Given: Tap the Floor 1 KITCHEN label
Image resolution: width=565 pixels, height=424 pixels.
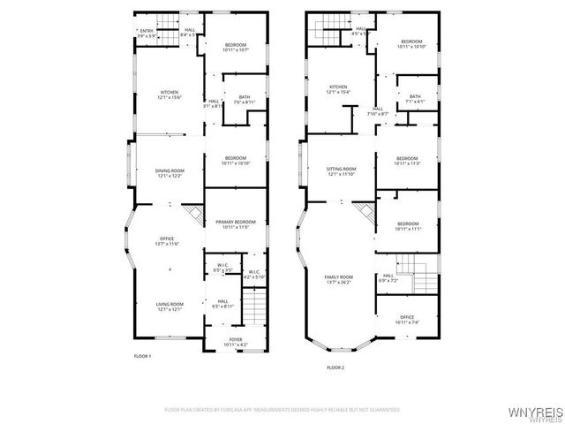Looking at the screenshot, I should tap(169, 92).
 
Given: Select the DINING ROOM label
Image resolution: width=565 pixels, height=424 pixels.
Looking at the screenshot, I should tap(170, 170).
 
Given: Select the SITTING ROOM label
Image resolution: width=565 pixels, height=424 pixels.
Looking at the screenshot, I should tap(342, 169).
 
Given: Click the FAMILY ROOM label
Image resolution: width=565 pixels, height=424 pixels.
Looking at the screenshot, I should tap(341, 277).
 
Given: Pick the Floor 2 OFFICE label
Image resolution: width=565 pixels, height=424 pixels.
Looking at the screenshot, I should tap(407, 317).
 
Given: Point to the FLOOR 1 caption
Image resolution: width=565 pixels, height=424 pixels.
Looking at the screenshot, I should tap(143, 355).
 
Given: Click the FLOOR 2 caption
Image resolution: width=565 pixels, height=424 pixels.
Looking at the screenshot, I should tap(335, 367).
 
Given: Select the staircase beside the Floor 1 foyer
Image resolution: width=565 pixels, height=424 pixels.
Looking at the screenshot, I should tap(255, 309).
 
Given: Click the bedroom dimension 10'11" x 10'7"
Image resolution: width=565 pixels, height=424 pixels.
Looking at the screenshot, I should tap(234, 49).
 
